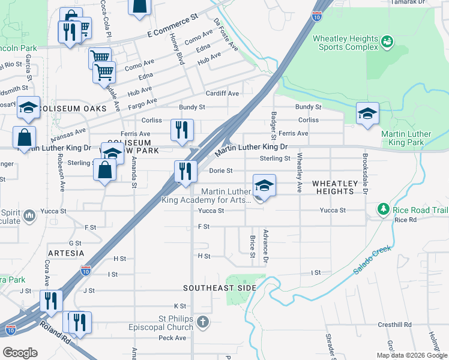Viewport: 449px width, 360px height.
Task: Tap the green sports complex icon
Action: pos(387,41)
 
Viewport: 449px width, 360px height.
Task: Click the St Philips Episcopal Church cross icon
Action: pos(203,323)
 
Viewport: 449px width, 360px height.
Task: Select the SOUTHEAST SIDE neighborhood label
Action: pos(220,288)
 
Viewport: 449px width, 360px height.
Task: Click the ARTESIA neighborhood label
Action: pos(67,253)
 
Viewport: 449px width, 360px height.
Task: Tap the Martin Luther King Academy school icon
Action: pos(264,187)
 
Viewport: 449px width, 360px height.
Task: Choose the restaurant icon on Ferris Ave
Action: pos(182,130)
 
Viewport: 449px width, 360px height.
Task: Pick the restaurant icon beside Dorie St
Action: pos(185,171)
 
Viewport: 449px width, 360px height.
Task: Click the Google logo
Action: pos(20,353)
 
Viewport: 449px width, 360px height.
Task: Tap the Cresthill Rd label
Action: pos(394,325)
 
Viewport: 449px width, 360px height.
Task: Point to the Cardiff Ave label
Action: pos(222,94)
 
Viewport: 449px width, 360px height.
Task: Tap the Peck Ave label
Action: pos(173,338)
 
